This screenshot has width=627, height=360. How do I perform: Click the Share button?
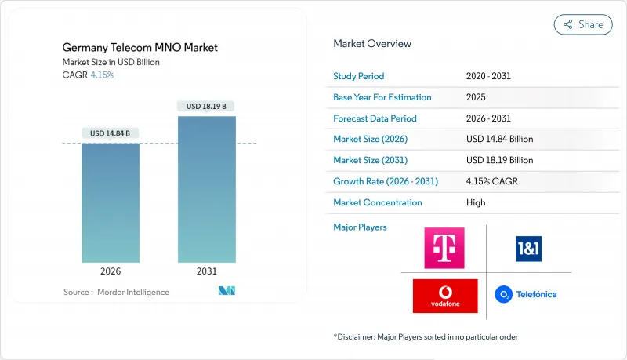[x=583, y=24]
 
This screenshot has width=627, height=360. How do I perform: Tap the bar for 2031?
[x=207, y=189]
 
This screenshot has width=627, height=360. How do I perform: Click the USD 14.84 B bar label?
[x=111, y=133]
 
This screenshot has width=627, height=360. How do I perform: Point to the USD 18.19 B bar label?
[x=207, y=106]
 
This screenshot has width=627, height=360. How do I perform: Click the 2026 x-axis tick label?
[x=111, y=271]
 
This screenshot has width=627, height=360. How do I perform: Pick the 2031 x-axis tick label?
[x=207, y=271]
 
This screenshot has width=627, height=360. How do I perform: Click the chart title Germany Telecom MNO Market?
[x=140, y=48]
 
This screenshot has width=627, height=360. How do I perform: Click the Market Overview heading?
[x=372, y=44]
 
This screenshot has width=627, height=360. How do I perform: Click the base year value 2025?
[x=476, y=97]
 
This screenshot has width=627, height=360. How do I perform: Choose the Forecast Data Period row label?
[x=375, y=118]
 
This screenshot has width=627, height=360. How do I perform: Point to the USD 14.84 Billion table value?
[x=499, y=139]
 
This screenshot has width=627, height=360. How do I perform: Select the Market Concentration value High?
[x=476, y=202]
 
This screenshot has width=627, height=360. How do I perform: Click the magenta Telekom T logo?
[x=444, y=248]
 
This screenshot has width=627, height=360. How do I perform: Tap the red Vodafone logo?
[x=444, y=296]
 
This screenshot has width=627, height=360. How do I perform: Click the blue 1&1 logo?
[x=528, y=249]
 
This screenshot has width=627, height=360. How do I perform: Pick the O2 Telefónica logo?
[x=526, y=295]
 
